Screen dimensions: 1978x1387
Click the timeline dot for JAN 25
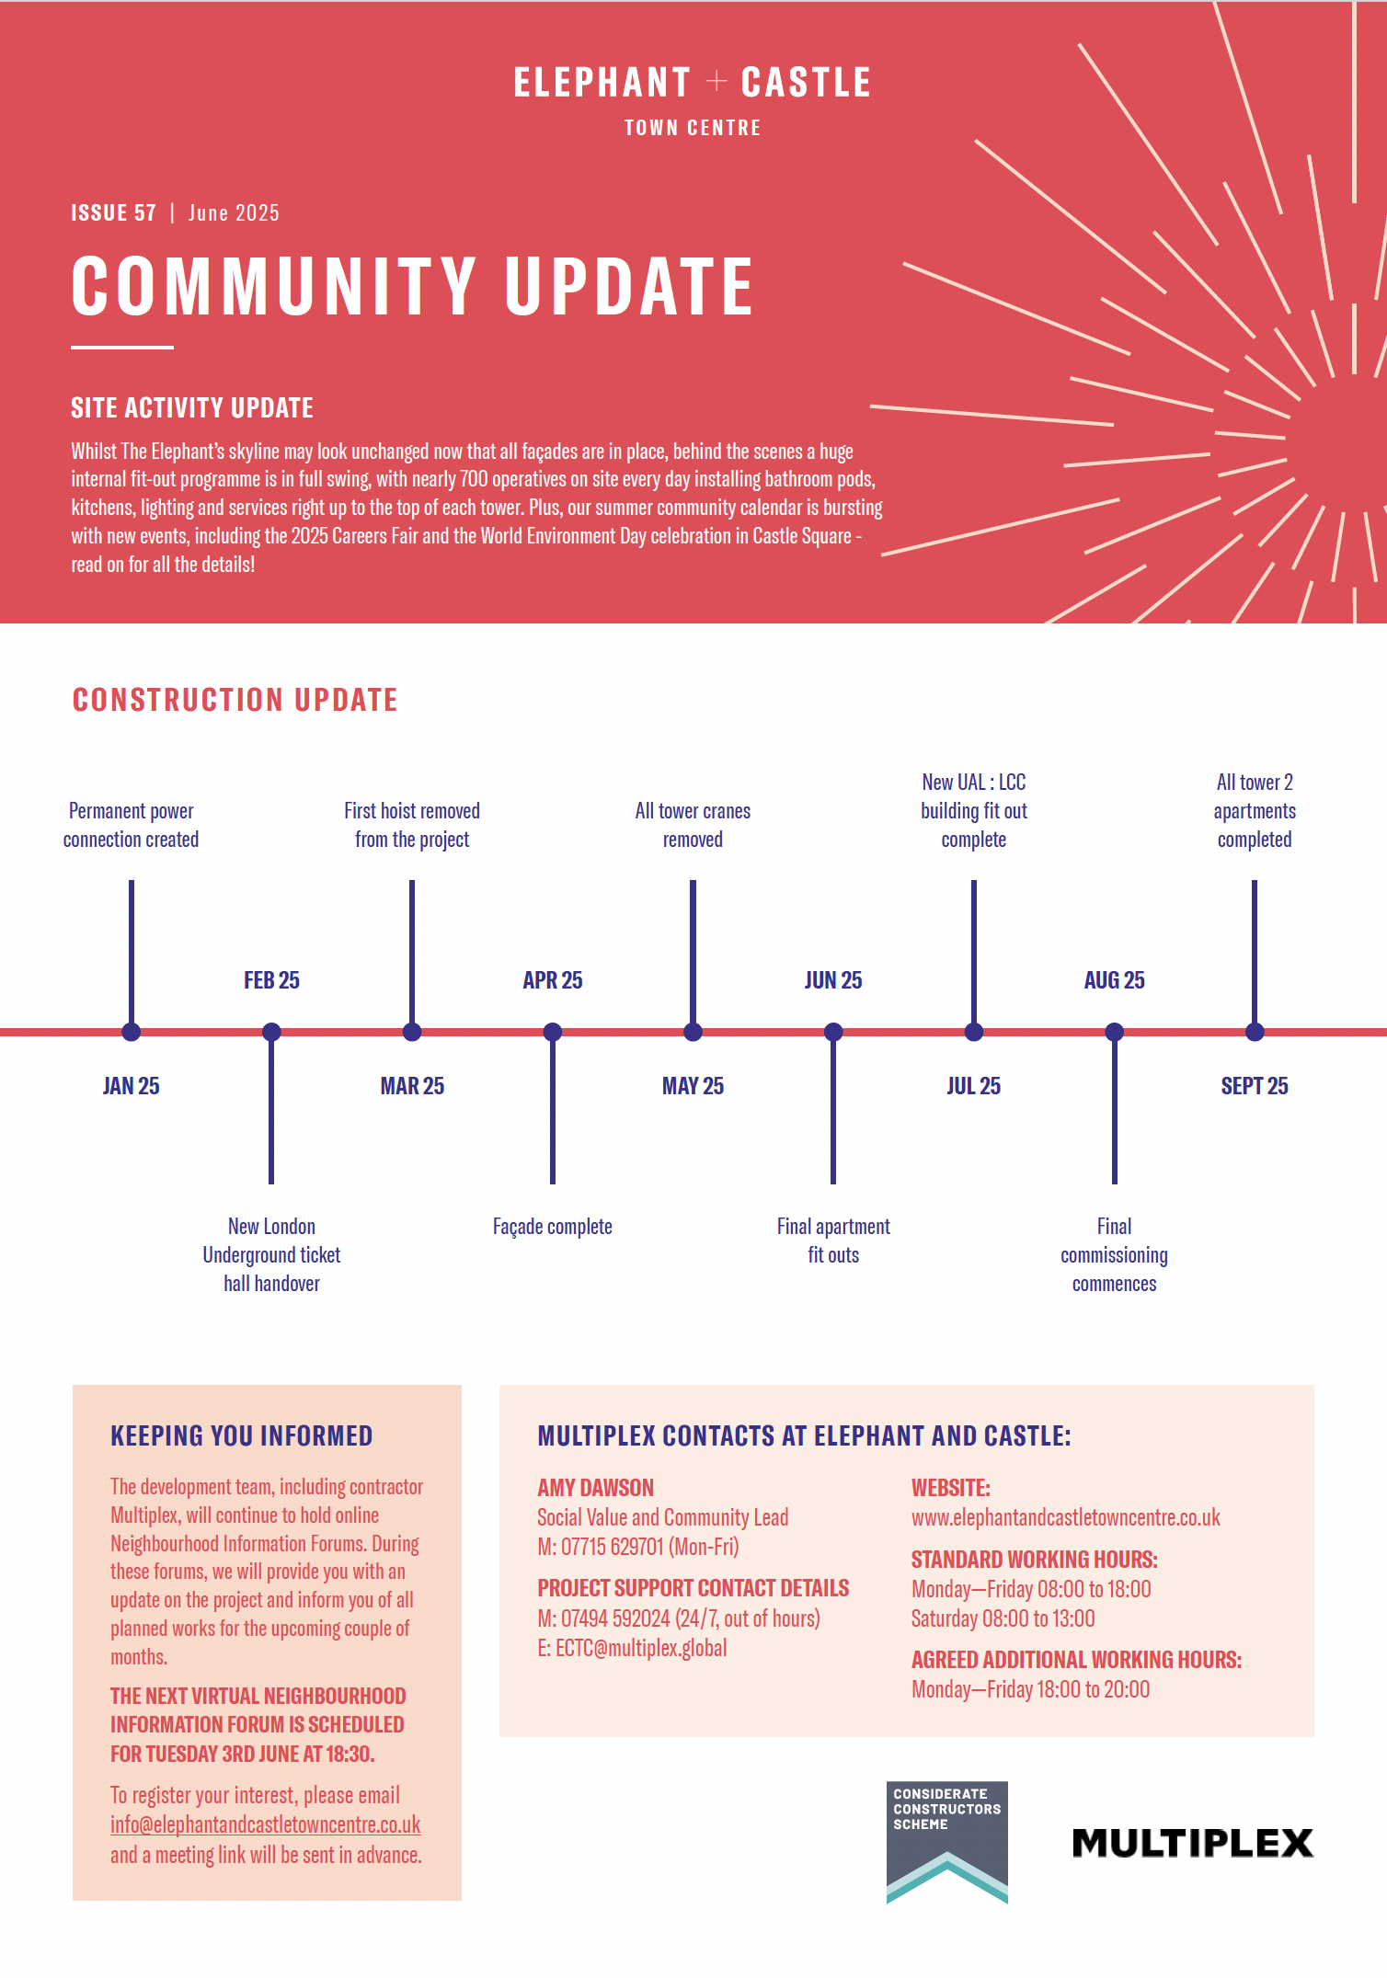tap(132, 1032)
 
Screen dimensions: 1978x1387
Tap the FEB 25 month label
tap(271, 980)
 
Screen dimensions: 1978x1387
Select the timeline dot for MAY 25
tap(693, 1032)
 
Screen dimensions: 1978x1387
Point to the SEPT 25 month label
tap(1254, 1086)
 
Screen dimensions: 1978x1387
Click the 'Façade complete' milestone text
tap(552, 1227)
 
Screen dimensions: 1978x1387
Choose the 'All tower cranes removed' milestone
tap(693, 825)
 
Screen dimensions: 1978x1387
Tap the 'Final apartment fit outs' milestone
tap(833, 1241)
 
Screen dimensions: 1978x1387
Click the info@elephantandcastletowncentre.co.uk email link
tap(265, 1824)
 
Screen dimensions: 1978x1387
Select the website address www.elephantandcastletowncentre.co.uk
tap(1065, 1517)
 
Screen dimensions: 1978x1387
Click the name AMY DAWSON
tap(595, 1488)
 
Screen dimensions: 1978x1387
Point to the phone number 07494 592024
tap(615, 1618)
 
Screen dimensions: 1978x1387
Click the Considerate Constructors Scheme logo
tap(946, 1842)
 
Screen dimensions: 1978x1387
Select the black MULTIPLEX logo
tap(1192, 1843)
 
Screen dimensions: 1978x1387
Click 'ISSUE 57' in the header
tap(113, 213)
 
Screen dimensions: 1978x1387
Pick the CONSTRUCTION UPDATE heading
tap(235, 700)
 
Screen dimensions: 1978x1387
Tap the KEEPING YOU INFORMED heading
tap(241, 1436)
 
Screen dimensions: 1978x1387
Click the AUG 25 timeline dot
tap(1114, 1032)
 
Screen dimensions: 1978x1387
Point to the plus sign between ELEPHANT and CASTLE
tap(716, 83)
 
